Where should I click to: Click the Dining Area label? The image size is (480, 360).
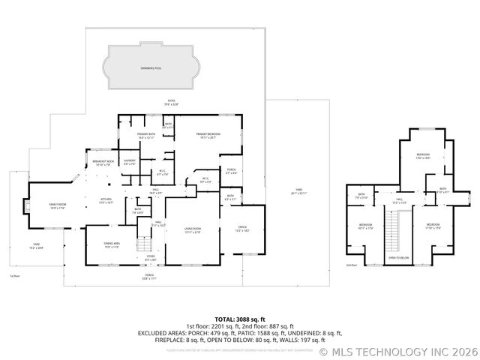112,244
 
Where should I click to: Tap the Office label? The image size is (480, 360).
242,229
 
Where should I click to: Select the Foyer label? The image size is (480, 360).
151,259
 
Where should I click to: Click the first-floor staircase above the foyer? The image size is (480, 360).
143,245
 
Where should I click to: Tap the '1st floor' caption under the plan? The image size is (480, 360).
14,276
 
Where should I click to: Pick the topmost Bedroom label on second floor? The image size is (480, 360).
423,156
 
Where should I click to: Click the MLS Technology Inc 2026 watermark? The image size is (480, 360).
399,350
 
